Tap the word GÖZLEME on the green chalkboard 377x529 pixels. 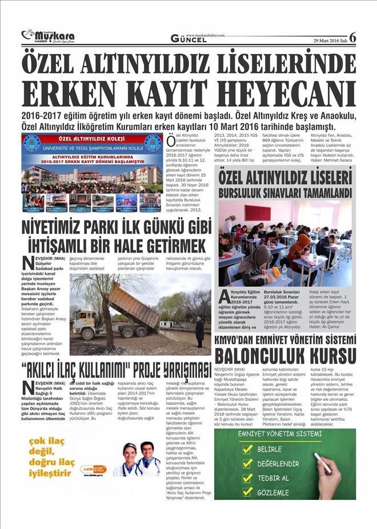(x=272, y=490)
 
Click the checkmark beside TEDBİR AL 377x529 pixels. (x=247, y=477)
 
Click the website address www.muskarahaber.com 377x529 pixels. (x=205, y=35)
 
